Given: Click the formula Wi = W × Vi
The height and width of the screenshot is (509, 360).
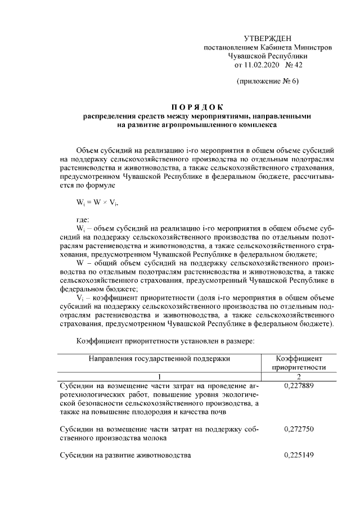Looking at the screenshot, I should click(97, 202).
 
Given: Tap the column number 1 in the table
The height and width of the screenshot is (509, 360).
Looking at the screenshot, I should click(159, 376).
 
